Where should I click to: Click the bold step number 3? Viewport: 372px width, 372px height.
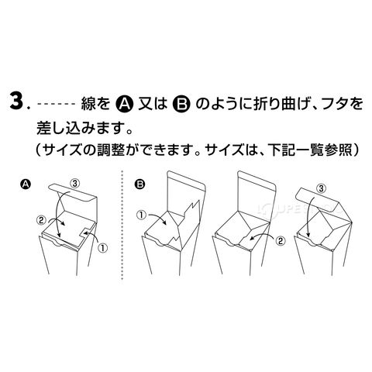[17, 103]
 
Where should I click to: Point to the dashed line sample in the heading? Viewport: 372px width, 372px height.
[57, 105]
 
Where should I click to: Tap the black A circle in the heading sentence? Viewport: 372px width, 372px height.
[124, 104]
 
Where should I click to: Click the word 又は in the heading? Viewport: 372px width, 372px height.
[153, 104]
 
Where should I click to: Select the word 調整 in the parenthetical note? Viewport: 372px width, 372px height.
[111, 150]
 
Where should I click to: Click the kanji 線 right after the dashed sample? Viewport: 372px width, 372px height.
[88, 104]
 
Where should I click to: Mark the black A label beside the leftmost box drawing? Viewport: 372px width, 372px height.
[26, 184]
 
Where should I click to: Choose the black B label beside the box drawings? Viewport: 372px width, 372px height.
[140, 184]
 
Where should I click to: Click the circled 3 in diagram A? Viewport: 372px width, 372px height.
[74, 184]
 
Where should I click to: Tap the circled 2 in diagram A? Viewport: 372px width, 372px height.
[41, 220]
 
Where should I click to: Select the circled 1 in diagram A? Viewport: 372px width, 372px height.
[102, 248]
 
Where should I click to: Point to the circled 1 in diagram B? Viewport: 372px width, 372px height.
[142, 215]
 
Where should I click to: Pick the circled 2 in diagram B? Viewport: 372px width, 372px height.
[281, 241]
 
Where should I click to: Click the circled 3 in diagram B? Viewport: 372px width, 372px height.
[321, 188]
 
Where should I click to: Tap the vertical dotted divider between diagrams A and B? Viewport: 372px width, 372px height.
[122, 226]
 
